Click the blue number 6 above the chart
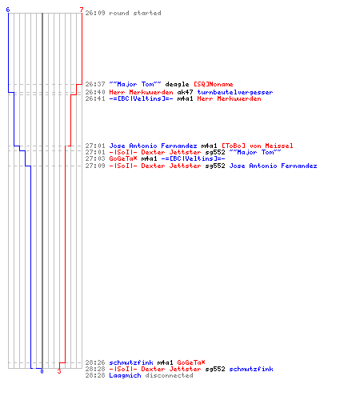8,10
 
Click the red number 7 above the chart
82,10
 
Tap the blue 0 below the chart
42,371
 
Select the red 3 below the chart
59,371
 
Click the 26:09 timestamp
95,13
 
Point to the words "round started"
135,13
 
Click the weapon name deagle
177,84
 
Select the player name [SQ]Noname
214,84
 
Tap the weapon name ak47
185,92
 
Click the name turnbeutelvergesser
235,92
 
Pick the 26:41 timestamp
95,98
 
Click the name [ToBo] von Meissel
258,146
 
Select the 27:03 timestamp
95,158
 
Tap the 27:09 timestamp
95,166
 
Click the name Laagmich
125,375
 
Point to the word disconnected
169,375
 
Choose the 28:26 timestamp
95,362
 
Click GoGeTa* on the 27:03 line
123,158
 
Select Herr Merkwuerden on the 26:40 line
141,92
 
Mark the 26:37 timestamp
95,84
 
